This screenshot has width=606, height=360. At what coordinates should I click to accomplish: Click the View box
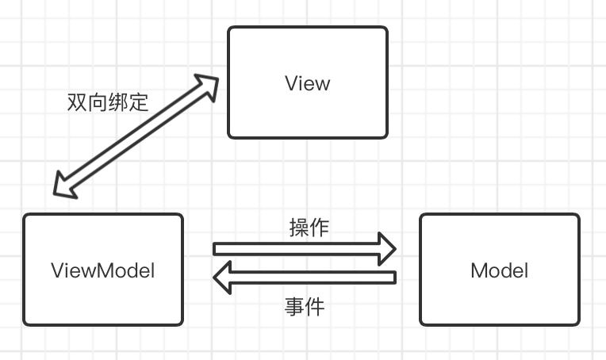click(x=308, y=82)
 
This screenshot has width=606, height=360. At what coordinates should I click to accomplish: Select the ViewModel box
click(x=102, y=270)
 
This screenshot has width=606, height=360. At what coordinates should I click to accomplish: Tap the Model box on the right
click(x=499, y=270)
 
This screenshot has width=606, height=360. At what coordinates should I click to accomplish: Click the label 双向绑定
click(x=108, y=102)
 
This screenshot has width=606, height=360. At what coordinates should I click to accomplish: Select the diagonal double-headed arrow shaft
click(x=135, y=135)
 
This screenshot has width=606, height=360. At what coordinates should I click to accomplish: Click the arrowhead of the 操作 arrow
click(x=386, y=248)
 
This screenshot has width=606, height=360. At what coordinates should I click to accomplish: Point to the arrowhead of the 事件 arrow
click(x=223, y=278)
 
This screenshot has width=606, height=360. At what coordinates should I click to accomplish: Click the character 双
click(x=78, y=102)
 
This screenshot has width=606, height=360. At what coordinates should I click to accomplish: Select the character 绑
click(x=118, y=102)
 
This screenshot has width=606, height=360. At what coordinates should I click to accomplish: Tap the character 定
click(x=138, y=102)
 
